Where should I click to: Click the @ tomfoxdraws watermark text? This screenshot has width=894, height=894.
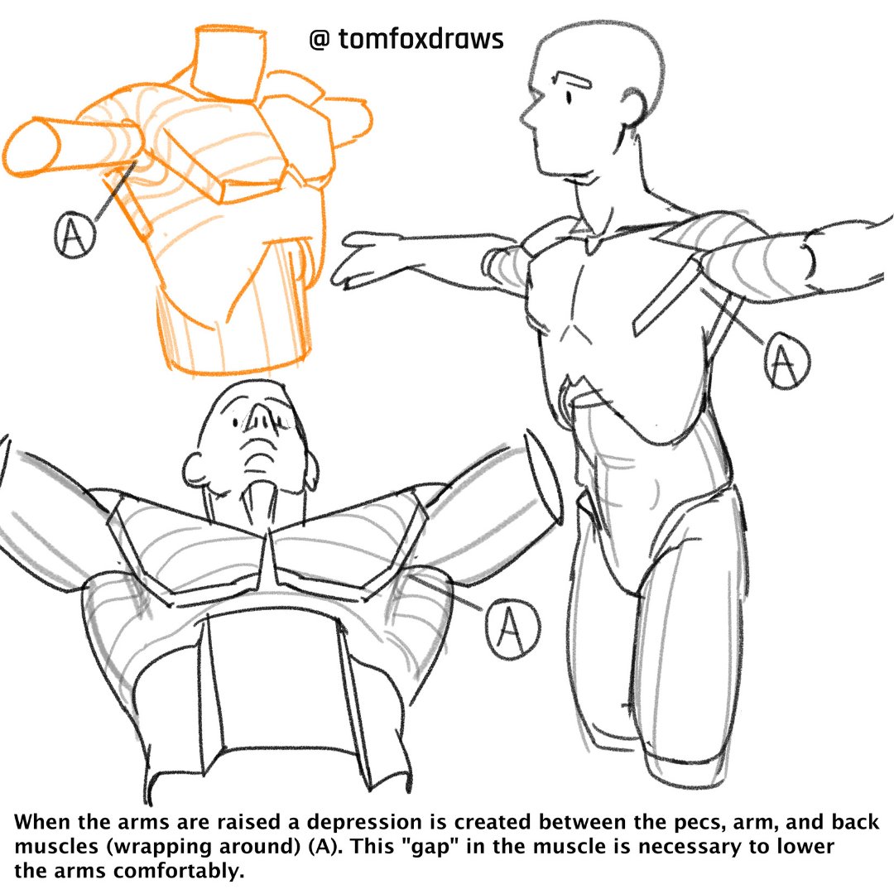(406, 40)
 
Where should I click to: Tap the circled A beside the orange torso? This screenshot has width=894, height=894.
(74, 234)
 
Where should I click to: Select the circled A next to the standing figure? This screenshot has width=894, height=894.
(787, 360)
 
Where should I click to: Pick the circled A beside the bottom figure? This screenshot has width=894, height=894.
(512, 629)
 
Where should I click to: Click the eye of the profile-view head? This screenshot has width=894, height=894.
(569, 98)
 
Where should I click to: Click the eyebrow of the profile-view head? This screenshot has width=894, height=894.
(574, 79)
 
